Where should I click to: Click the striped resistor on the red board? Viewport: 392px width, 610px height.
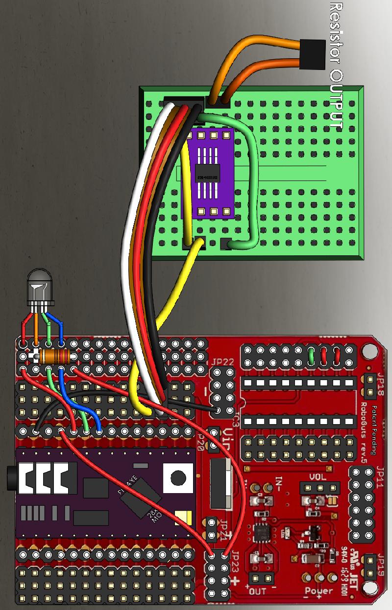(x=54, y=356)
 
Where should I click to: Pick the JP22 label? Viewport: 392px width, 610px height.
(x=223, y=363)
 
